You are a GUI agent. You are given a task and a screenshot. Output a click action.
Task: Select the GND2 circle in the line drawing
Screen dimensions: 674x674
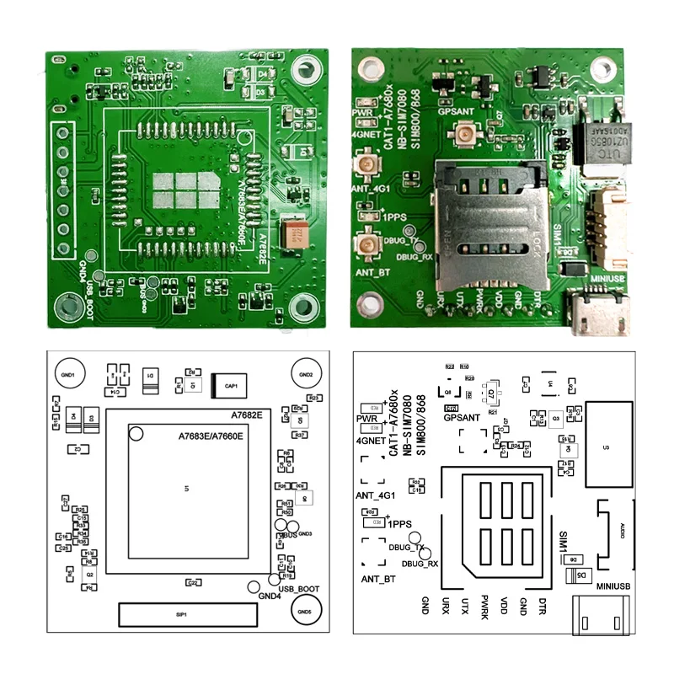[x=304, y=373]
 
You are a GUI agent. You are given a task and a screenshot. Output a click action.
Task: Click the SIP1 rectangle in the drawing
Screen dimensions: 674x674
[x=187, y=614]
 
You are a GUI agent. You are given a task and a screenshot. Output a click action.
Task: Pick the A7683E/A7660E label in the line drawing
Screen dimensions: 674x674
[x=211, y=436]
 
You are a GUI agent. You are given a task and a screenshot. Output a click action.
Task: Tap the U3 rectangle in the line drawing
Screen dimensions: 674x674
[x=606, y=445]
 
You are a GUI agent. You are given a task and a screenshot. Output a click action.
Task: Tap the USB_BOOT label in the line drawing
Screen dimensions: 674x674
[x=297, y=588]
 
